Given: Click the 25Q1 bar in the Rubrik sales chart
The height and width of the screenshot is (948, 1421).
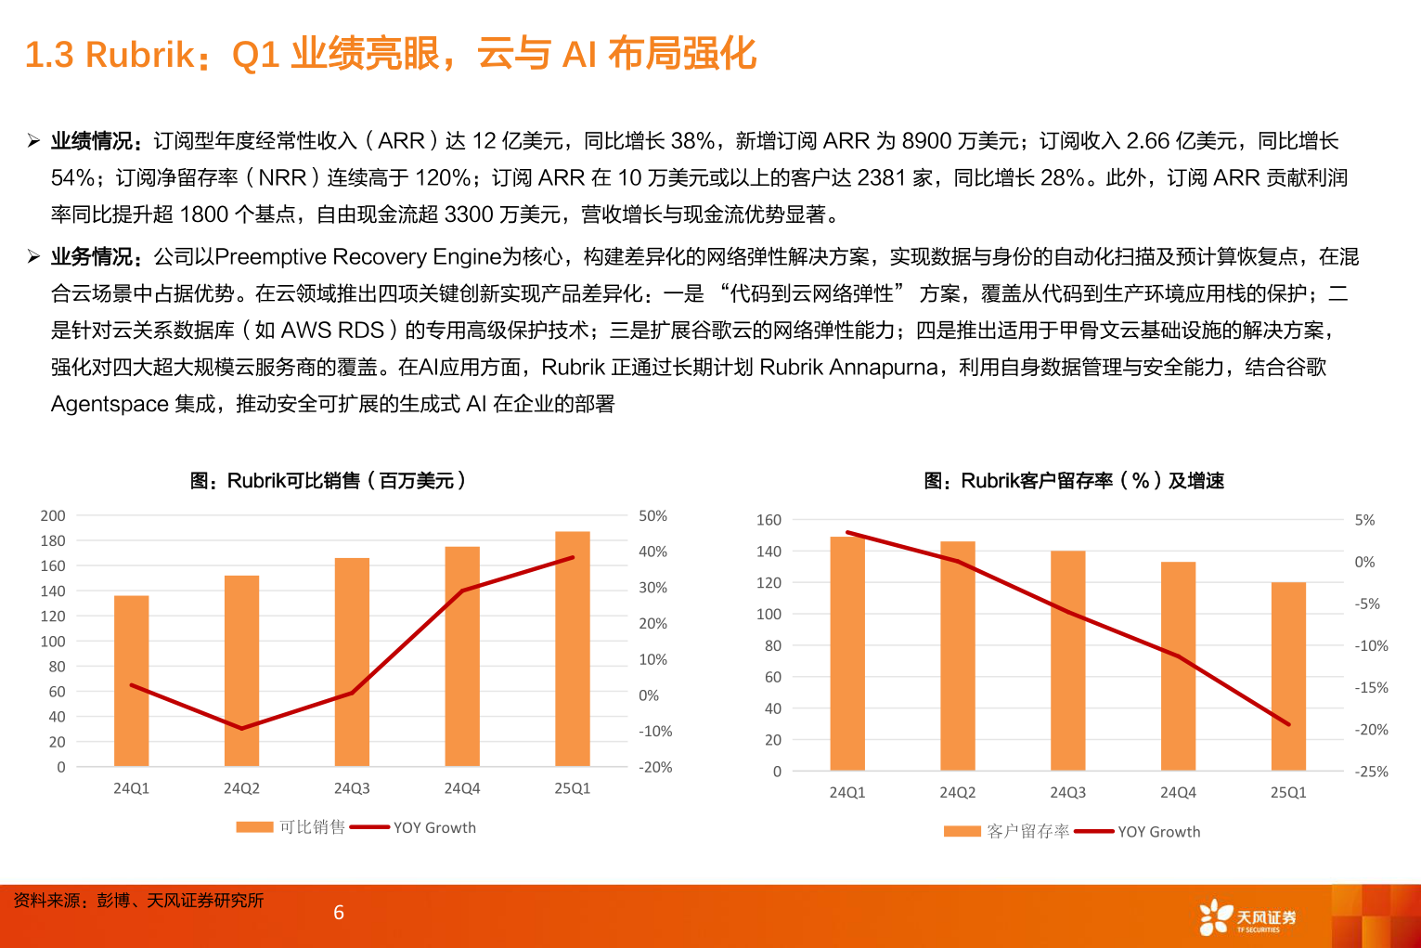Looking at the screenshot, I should [x=572, y=650].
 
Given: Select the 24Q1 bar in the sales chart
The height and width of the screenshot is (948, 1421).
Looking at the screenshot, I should [x=131, y=682].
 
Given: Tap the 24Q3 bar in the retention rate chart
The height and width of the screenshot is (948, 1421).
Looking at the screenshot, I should [x=1067, y=661].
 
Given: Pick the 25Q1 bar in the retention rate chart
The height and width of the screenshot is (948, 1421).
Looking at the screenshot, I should [x=1288, y=677].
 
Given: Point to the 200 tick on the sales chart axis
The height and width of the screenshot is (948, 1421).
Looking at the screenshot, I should [x=53, y=515].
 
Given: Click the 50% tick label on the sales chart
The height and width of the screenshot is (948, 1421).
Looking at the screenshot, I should [x=652, y=515].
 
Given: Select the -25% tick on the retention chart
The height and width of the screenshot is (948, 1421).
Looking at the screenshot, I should [x=1371, y=772].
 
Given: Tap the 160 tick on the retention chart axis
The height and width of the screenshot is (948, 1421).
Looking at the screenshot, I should [x=769, y=520].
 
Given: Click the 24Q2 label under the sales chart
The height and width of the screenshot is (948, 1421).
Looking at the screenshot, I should [x=241, y=788].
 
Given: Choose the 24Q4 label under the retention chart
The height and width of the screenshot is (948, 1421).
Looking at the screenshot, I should [x=1178, y=792].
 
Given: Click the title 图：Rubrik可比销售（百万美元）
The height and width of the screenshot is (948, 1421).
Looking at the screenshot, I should [x=328, y=480].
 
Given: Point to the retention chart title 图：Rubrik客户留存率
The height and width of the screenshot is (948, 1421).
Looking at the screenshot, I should [x=1074, y=480].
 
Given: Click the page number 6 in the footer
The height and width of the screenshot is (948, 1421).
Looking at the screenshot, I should [x=339, y=913].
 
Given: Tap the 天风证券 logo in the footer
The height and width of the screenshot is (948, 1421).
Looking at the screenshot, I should [x=1247, y=917].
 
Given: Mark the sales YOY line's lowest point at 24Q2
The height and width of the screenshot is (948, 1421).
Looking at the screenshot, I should [x=241, y=728].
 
